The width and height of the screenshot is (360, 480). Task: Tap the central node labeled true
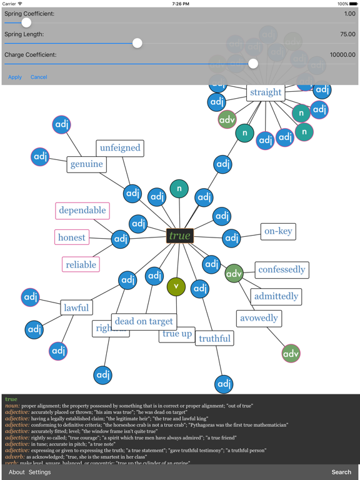(x=179, y=236)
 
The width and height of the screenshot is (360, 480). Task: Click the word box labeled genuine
(x=86, y=164)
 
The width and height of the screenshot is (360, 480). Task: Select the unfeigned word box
(x=120, y=148)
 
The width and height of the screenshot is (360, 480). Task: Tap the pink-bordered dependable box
(x=82, y=211)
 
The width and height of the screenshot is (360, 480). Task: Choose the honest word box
(x=72, y=237)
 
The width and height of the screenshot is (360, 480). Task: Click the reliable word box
(x=81, y=264)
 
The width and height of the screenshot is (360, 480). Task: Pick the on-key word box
(x=278, y=231)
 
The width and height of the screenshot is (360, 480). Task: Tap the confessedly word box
(x=281, y=270)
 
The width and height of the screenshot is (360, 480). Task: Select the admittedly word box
(x=276, y=296)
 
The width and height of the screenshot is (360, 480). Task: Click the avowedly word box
(x=259, y=318)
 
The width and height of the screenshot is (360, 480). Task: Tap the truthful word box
(x=214, y=339)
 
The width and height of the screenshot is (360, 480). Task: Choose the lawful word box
(x=76, y=307)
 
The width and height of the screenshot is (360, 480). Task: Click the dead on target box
(x=144, y=321)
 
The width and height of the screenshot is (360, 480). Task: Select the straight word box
(x=266, y=92)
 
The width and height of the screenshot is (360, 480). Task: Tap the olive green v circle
(x=176, y=286)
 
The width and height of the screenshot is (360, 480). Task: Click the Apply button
(x=15, y=77)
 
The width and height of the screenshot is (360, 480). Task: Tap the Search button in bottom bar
(x=341, y=472)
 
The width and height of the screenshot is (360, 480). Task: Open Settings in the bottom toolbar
(x=39, y=472)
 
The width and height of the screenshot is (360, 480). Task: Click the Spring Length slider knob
(x=137, y=43)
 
